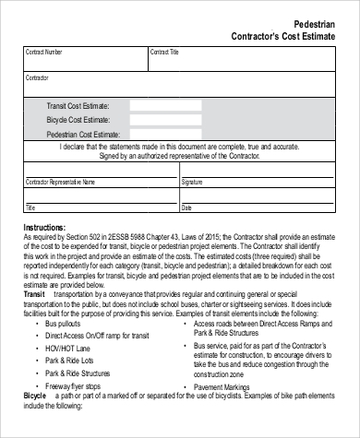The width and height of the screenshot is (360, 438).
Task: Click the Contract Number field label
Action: pyautogui.click(x=44, y=53)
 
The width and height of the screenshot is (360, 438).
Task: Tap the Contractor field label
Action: pyautogui.click(x=37, y=79)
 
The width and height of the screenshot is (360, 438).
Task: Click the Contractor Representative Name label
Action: pyautogui.click(x=60, y=183)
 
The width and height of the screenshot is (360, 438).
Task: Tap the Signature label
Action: pyautogui.click(x=192, y=183)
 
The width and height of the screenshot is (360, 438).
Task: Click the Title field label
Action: pyautogui.click(x=30, y=207)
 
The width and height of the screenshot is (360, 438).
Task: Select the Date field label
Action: pyautogui.click(x=187, y=207)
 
